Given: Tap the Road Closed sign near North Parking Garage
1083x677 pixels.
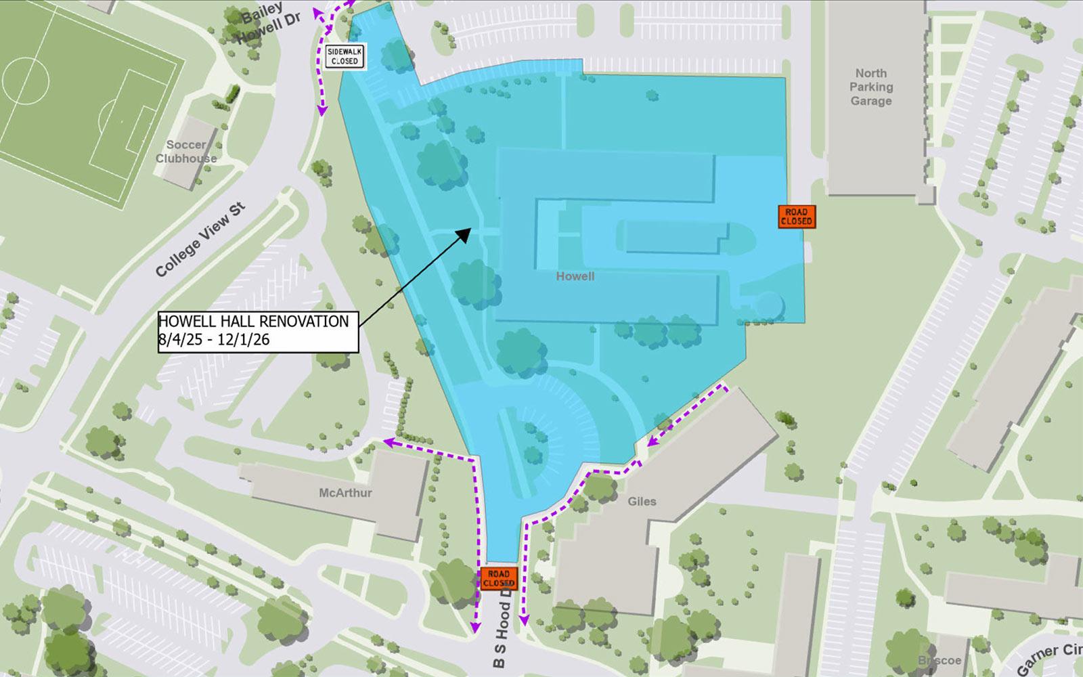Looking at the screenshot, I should pos(796,217).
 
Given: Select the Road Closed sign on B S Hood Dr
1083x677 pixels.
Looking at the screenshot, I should pos(499,578).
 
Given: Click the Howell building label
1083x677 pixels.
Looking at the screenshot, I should pos(575,276).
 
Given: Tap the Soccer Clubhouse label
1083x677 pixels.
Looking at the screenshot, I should pos(186,152).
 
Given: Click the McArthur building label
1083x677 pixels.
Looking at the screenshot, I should pos(345,493).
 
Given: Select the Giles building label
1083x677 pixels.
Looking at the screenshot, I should pos(642,502).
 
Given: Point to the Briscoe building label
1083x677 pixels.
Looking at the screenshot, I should pos(940,660).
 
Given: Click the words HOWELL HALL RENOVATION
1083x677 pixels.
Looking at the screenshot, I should pos(253,322).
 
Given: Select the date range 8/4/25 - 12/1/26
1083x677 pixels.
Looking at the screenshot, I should pos(214,340).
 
